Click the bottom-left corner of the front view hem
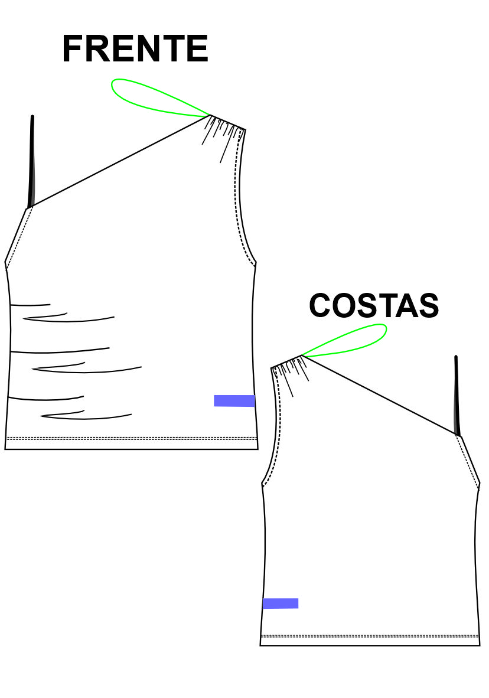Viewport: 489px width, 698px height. (5, 449)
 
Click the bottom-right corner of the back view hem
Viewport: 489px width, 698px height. (480, 645)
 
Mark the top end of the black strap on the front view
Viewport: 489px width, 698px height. (32, 117)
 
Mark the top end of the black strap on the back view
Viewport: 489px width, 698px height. (455, 357)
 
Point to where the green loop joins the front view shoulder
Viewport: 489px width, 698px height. (210, 116)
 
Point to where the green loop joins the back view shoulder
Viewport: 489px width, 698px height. (302, 355)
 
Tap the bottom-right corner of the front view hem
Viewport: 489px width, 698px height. (258, 449)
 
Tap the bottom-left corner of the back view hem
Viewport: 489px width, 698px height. (260, 645)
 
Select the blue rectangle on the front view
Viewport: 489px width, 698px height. (234, 400)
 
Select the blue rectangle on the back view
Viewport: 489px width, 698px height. (280, 603)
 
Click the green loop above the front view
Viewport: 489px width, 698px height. (160, 98)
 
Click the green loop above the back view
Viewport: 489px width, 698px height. (344, 341)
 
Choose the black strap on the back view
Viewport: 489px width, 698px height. (457, 396)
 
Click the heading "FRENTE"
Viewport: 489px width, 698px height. (135, 48)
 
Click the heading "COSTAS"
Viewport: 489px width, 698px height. (374, 305)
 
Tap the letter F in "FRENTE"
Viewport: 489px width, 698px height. (73, 48)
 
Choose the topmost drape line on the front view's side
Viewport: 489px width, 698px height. (30, 305)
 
